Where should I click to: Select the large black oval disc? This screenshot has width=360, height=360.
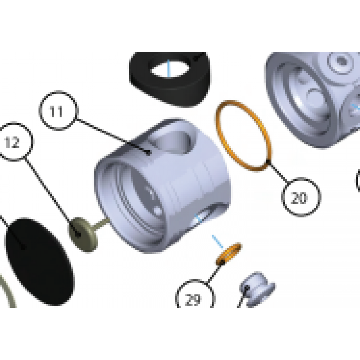click(40, 262)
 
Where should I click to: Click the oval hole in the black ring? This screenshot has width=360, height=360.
click(170, 68)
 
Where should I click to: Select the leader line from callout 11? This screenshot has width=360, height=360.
click(113, 136)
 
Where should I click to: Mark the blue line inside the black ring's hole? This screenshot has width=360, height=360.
click(169, 68)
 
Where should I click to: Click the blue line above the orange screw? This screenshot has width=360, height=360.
click(217, 242)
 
